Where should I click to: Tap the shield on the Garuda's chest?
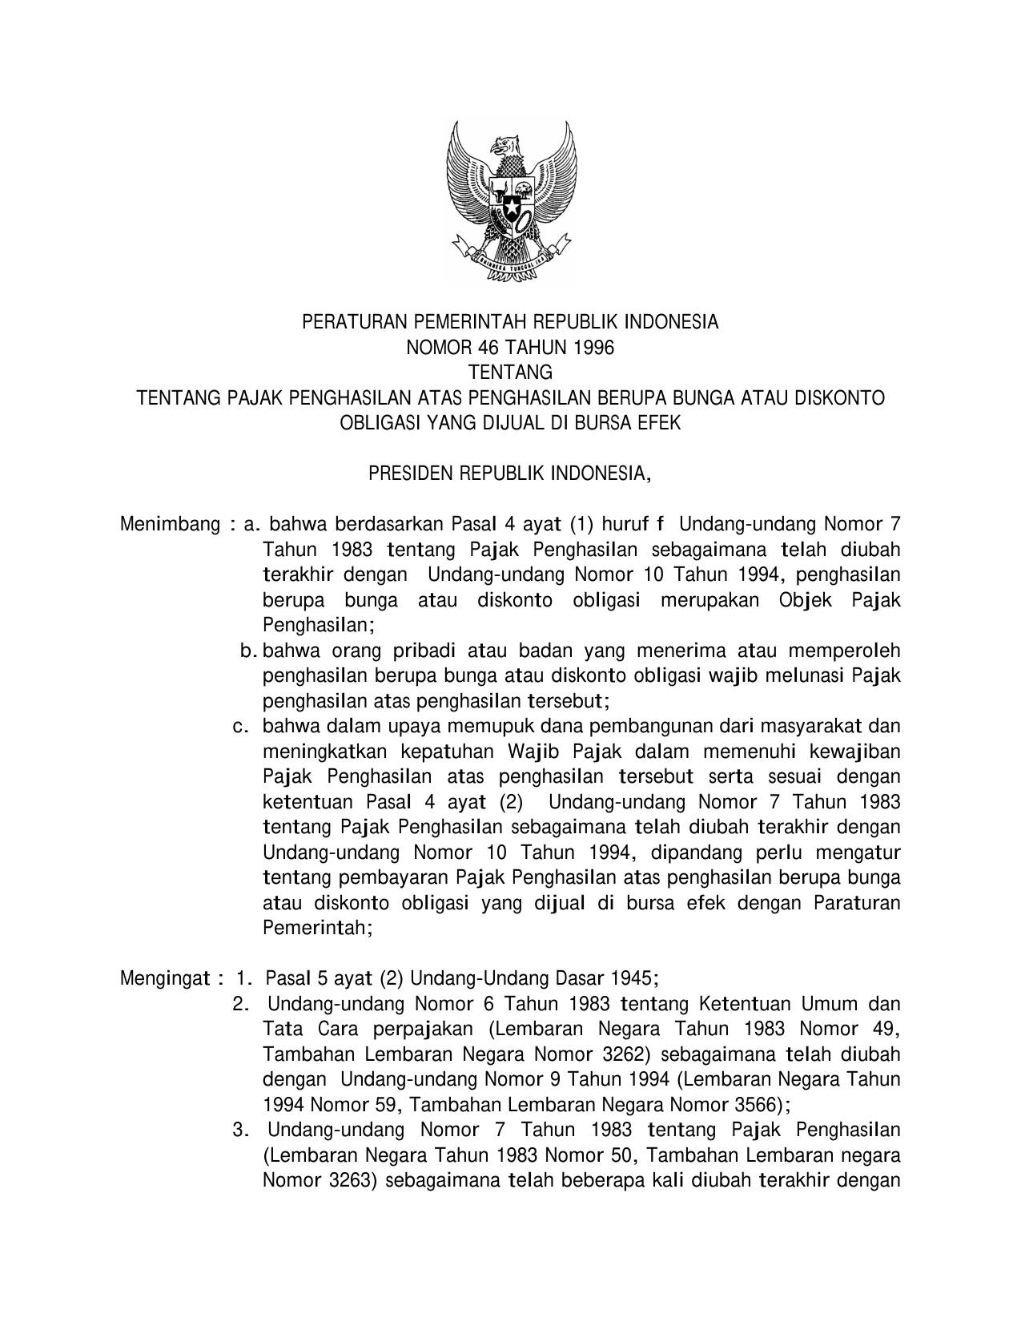(x=511, y=205)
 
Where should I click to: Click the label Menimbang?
(x=170, y=525)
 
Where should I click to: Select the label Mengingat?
(x=165, y=979)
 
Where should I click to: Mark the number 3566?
(x=754, y=1105)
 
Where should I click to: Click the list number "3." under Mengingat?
(x=240, y=1131)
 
